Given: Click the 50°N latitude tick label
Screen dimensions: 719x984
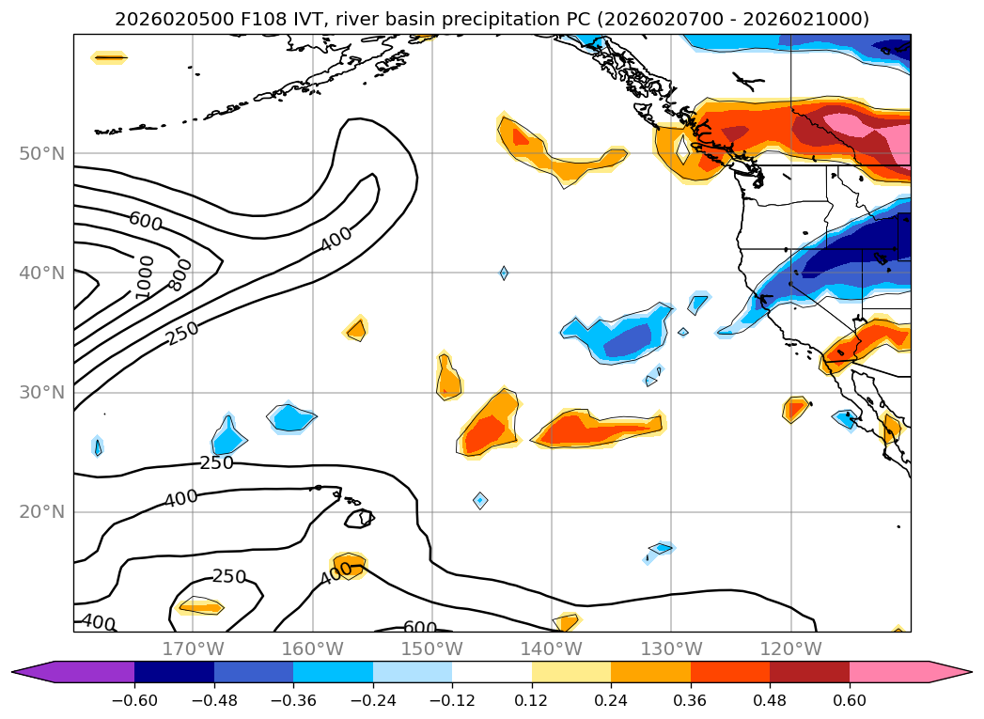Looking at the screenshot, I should (40, 153).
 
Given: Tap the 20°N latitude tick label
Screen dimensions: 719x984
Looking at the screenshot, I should (40, 512).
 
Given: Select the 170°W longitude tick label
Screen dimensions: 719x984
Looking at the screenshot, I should (193, 649).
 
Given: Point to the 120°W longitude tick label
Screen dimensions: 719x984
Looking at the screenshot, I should (790, 649).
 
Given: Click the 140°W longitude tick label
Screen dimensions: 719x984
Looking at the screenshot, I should (552, 649).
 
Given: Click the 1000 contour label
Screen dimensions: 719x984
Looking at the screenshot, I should (145, 277).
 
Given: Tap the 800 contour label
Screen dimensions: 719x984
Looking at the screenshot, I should (180, 274).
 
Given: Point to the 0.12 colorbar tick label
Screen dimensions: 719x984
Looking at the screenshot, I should (532, 700).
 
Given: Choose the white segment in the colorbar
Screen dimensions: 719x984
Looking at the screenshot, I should (492, 671).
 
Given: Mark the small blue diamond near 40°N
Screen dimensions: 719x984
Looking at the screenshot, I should (504, 273).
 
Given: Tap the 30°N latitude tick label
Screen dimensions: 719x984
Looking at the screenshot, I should (40, 393).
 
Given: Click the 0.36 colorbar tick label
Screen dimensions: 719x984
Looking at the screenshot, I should (691, 700).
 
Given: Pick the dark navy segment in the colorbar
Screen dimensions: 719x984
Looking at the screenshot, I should (174, 671).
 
